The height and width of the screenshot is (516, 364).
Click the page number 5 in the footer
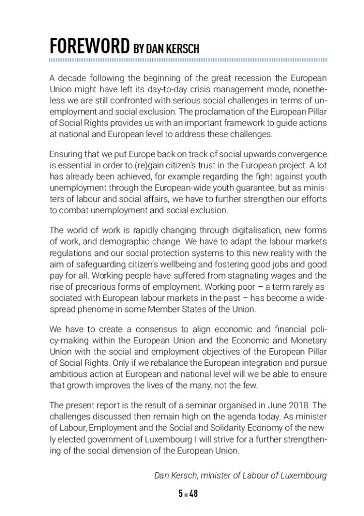(x=180, y=494)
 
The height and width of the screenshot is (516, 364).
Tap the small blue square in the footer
(x=186, y=494)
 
